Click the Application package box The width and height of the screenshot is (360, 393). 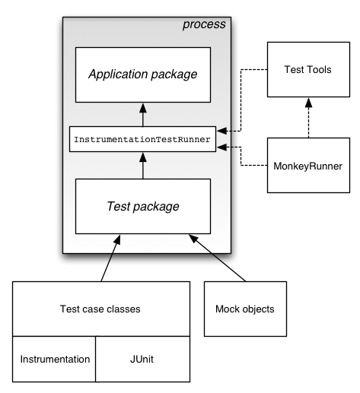tap(143, 74)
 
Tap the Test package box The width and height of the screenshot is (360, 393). tap(143, 206)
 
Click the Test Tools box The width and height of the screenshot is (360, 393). tap(309, 70)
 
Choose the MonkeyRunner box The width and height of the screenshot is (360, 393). tap(308, 165)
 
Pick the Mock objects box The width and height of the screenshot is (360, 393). tap(245, 309)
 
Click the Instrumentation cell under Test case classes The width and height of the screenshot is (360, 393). tap(55, 359)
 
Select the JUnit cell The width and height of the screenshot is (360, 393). tap(142, 359)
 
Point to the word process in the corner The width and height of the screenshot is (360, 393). tap(204, 24)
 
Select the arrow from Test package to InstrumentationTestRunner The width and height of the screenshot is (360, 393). tap(143, 165)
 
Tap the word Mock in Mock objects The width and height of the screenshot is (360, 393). tap(228, 309)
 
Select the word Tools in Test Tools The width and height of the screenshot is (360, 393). tap(320, 70)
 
